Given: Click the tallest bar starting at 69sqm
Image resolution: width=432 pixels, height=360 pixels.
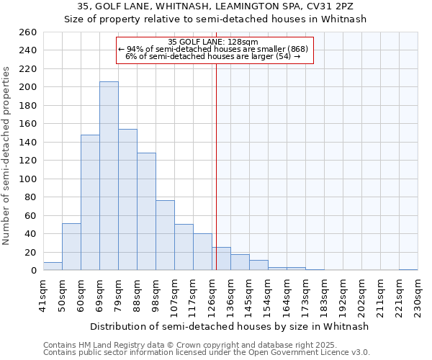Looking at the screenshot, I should (109, 176).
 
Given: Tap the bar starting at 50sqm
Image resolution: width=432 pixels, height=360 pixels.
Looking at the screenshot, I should (71, 247).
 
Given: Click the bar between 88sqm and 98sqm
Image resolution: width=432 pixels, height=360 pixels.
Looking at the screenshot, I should (146, 212).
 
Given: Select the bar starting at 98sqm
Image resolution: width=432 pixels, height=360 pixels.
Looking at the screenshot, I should (165, 235).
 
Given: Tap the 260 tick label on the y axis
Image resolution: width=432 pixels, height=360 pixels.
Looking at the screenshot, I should (28, 32).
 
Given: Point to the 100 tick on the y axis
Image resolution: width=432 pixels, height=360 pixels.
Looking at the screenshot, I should (28, 179).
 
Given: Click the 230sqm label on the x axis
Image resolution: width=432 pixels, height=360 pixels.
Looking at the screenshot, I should (418, 295).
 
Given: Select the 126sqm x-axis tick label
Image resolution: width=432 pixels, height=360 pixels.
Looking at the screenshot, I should (212, 295).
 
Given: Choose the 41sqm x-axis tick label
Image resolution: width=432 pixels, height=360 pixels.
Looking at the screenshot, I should (44, 295).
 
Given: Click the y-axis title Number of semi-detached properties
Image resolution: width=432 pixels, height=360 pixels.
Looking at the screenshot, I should (7, 155).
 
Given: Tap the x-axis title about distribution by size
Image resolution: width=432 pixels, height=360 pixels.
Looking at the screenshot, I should (230, 326).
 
